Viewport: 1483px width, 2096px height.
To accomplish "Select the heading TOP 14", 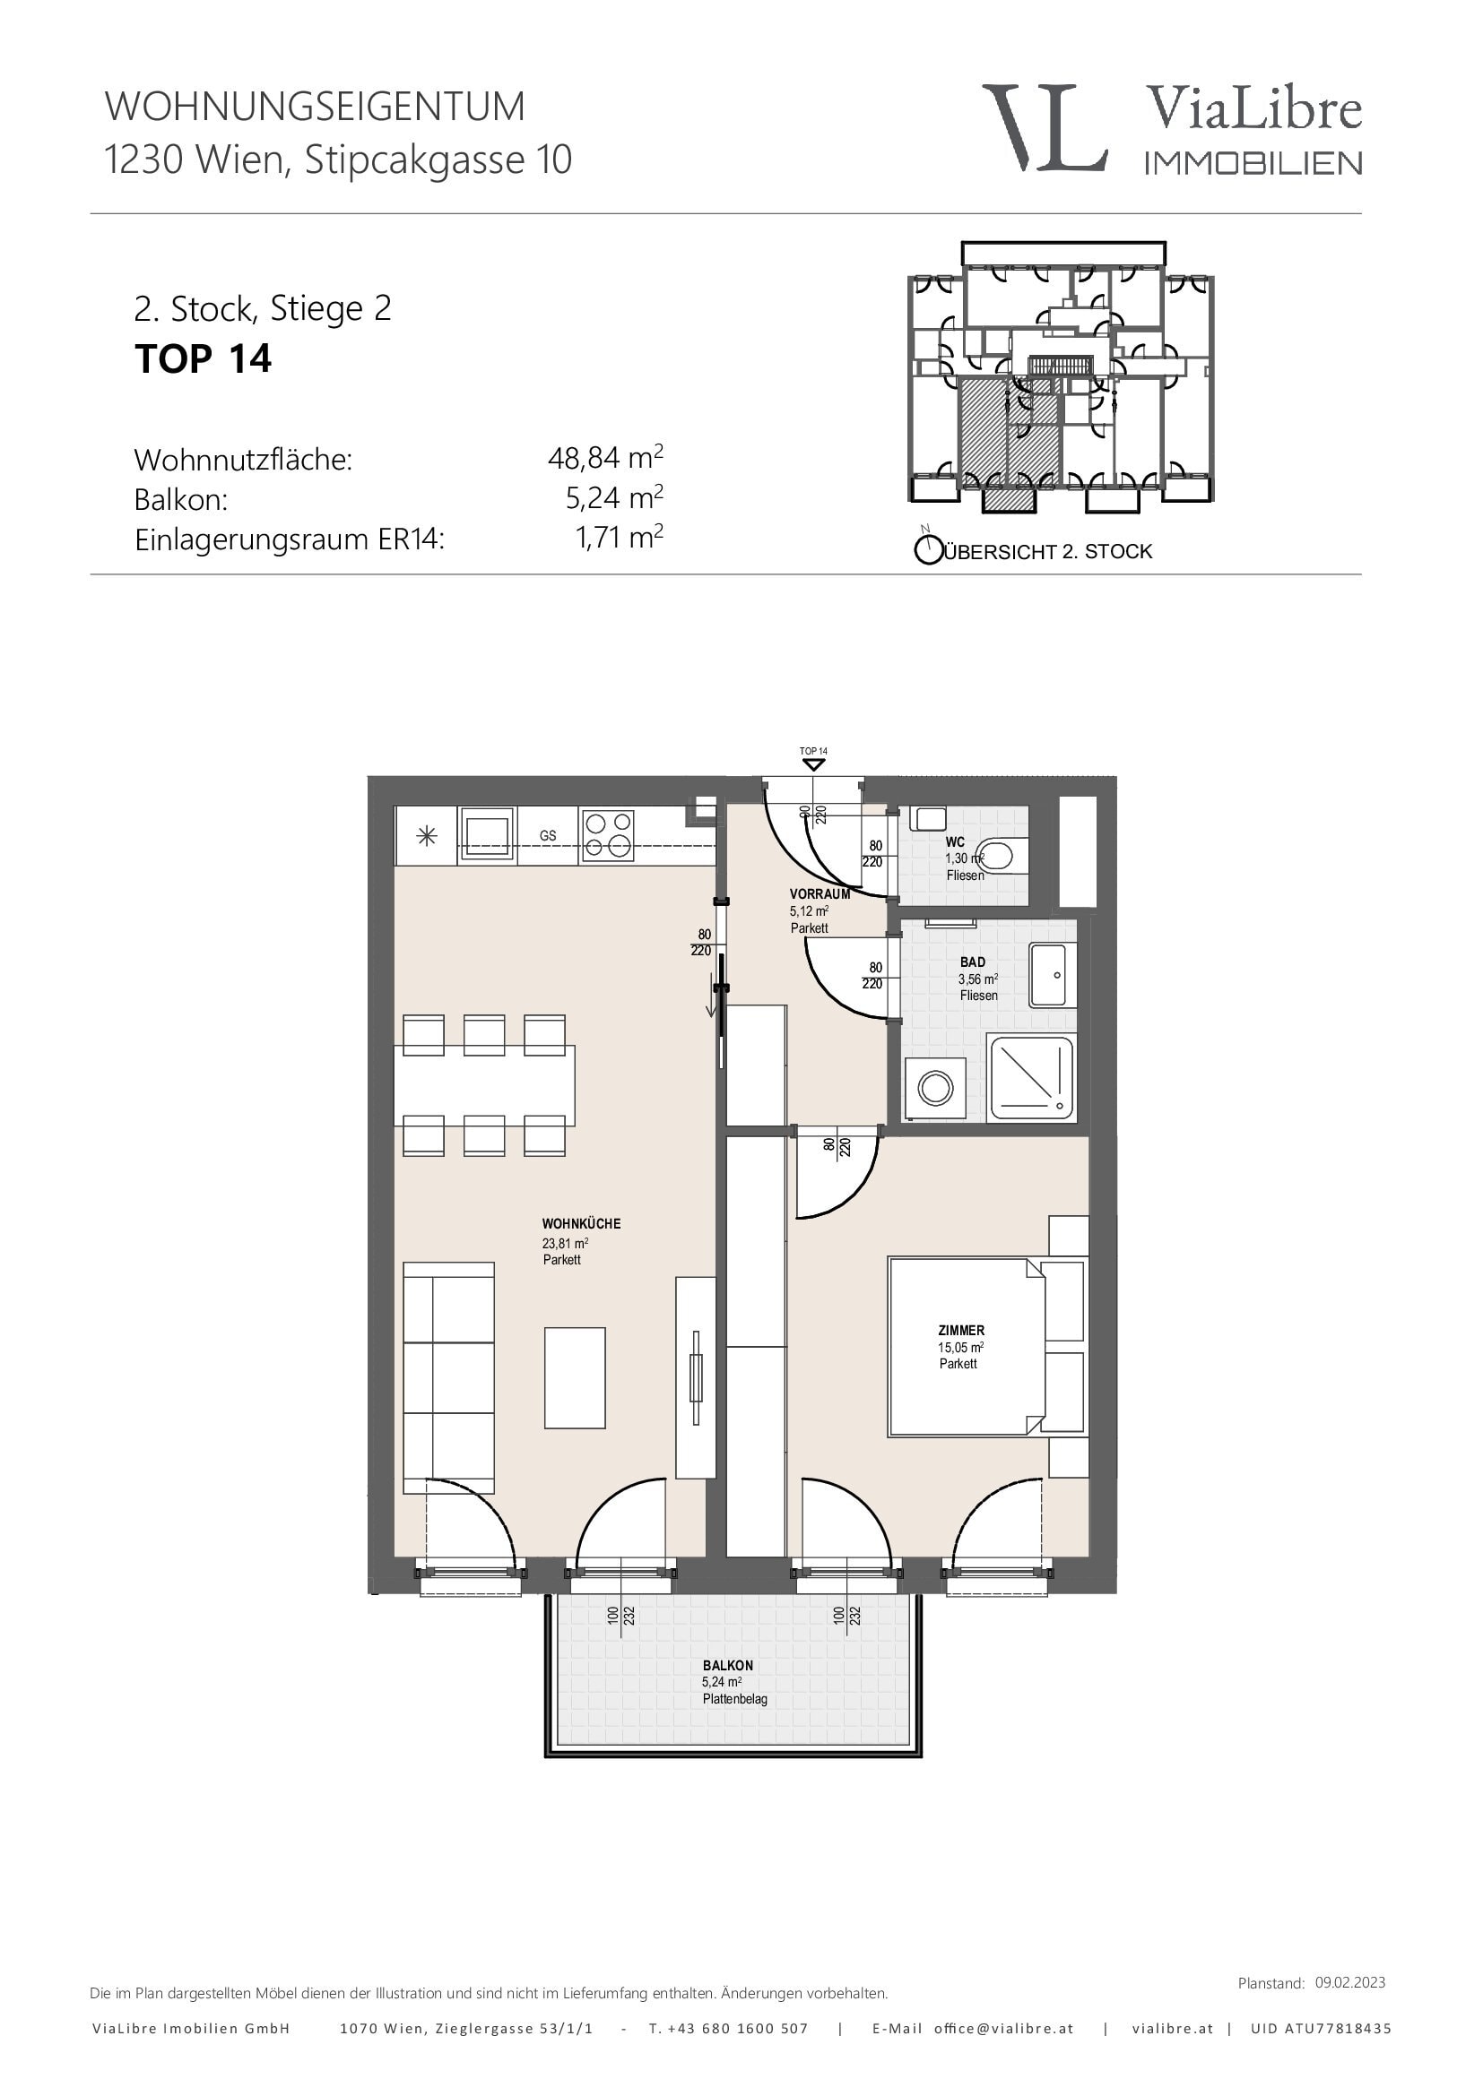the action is pos(203,358).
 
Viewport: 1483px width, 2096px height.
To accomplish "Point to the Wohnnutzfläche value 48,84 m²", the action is pos(605,456).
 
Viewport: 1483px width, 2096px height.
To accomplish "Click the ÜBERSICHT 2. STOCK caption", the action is pos(1047,551).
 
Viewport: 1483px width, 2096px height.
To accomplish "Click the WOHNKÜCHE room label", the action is pos(581,1223).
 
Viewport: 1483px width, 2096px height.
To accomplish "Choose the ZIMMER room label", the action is pos(960,1331).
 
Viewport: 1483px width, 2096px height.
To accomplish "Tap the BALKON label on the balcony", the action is pos(728,1665).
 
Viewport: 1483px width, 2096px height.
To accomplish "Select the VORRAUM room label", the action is pos(820,893).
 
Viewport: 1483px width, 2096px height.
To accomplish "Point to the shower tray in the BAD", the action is pos(1033,1078).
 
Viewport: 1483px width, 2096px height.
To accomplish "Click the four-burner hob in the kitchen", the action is pos(608,835).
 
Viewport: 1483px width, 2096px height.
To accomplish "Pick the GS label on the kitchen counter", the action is pos(548,835).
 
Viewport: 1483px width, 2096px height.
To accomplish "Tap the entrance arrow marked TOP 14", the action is pos(812,764).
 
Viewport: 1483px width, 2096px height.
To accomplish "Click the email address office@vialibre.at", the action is pos(1003,2029).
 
